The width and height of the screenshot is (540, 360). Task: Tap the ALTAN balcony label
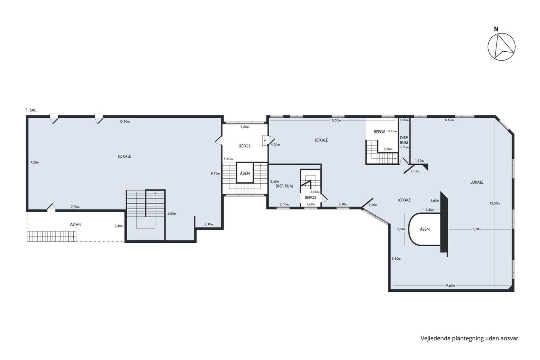click(76, 225)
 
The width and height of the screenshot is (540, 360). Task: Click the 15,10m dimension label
click(124, 122)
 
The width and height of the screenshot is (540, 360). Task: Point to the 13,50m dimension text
click(495, 203)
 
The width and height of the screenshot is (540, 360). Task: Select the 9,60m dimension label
click(451, 286)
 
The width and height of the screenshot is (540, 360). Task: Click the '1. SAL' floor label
click(31, 110)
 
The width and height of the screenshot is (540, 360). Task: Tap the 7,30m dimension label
click(35, 162)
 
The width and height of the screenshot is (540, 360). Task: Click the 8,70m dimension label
click(215, 173)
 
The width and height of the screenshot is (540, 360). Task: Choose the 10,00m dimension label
click(336, 120)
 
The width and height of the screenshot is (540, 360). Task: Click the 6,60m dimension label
click(449, 120)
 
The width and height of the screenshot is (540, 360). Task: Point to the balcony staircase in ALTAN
click(52, 236)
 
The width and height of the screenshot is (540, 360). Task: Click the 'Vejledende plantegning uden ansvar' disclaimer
click(469, 338)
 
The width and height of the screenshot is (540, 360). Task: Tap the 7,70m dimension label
click(75, 207)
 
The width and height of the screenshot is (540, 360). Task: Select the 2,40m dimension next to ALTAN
click(119, 226)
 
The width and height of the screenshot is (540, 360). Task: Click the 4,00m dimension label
click(172, 214)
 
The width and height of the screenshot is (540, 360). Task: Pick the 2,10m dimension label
click(209, 224)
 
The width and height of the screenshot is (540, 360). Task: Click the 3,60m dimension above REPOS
click(245, 127)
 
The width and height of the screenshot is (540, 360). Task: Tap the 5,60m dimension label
click(228, 159)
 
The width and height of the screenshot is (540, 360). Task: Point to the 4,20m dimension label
click(275, 145)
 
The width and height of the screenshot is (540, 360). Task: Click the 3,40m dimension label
click(275, 182)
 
